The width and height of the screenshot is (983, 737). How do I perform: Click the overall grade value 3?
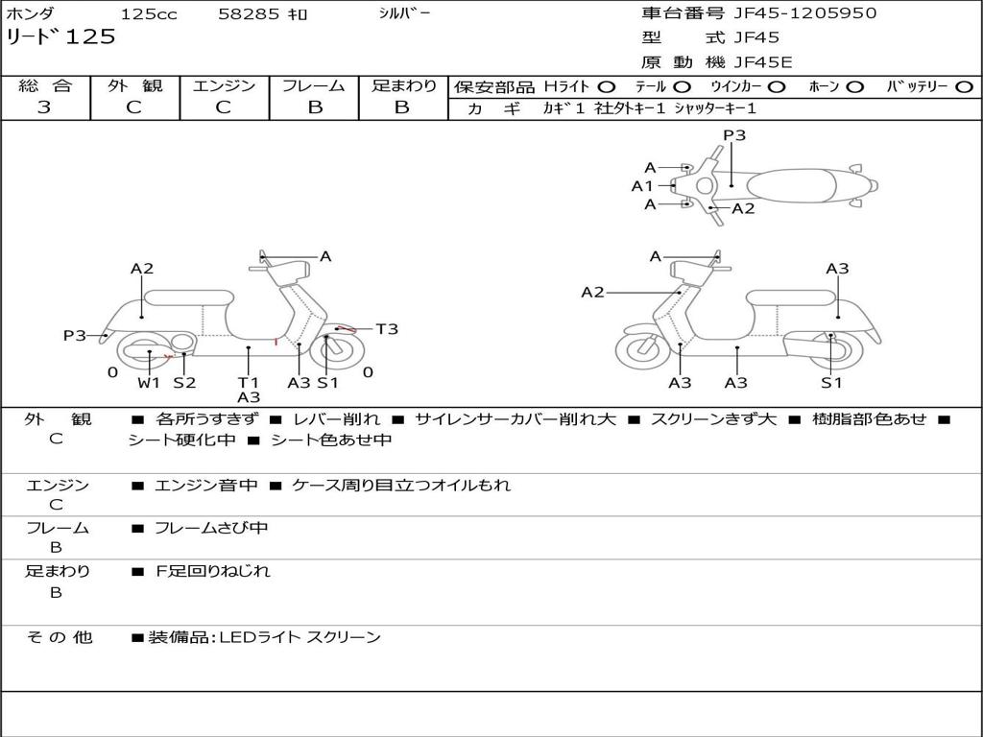(44, 107)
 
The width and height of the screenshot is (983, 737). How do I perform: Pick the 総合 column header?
(45, 86)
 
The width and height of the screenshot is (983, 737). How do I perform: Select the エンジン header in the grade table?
(224, 86)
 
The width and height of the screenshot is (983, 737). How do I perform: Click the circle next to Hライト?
(607, 87)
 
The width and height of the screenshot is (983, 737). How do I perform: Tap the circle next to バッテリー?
(964, 87)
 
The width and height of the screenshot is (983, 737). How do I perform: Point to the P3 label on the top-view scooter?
(734, 135)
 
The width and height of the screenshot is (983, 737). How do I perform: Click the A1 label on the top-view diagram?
(641, 186)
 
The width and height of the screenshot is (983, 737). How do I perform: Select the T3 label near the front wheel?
(386, 329)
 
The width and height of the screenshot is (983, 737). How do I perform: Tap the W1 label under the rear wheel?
(149, 383)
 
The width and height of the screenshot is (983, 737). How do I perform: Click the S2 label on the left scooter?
(184, 383)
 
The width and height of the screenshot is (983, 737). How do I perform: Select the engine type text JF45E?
(763, 62)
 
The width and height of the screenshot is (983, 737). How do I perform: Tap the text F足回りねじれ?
(213, 571)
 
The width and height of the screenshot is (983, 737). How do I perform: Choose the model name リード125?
(60, 37)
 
